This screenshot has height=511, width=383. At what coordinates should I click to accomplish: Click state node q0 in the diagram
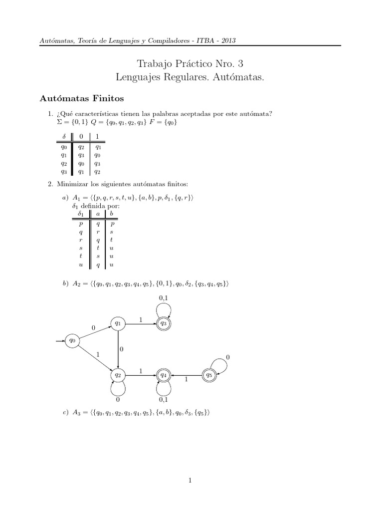click(x=73, y=340)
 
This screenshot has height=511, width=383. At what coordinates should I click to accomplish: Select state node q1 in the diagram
click(x=118, y=323)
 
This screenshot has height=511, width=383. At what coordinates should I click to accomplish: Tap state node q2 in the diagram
click(x=118, y=374)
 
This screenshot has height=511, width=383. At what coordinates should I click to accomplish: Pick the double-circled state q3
click(x=163, y=323)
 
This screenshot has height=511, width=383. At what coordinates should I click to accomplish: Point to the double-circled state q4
click(x=163, y=374)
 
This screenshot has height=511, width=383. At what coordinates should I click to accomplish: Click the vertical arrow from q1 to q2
click(x=118, y=349)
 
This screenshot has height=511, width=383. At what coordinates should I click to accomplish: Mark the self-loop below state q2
click(x=118, y=391)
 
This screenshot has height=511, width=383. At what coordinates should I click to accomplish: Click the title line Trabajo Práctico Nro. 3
click(x=191, y=63)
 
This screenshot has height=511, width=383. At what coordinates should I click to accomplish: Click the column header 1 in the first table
click(x=98, y=136)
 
